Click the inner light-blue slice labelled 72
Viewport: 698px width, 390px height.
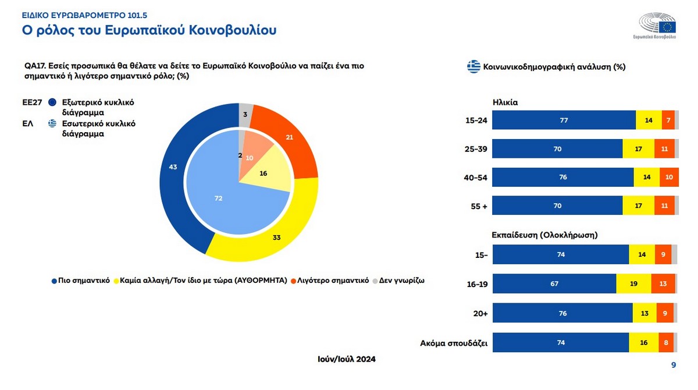pyautogui.click(x=219, y=198)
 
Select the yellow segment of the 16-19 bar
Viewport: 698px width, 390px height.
pyautogui.click(x=633, y=283)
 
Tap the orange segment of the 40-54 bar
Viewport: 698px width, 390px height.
pyautogui.click(x=669, y=177)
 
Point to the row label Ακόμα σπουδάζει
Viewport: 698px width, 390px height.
pyautogui.click(x=454, y=343)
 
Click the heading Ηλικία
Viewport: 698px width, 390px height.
pyautogui.click(x=505, y=102)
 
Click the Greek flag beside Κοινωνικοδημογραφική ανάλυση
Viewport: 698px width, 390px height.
pyautogui.click(x=473, y=66)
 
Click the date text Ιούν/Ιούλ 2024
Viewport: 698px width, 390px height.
pyautogui.click(x=343, y=359)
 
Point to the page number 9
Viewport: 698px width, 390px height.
pyautogui.click(x=673, y=365)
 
